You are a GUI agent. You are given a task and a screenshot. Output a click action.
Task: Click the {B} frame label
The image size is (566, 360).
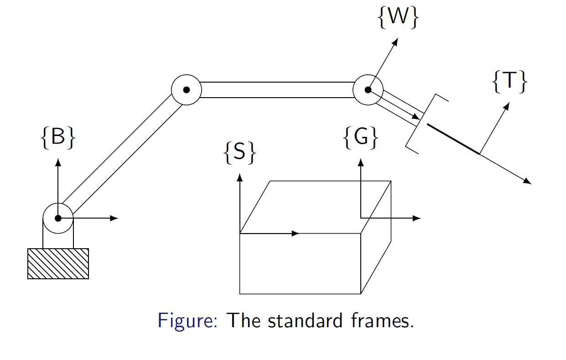[57, 137]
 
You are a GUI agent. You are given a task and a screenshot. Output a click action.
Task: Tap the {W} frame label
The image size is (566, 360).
[398, 18]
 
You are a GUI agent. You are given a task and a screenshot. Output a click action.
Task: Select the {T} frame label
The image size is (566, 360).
[510, 83]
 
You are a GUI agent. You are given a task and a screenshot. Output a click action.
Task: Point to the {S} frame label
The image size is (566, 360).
[239, 152]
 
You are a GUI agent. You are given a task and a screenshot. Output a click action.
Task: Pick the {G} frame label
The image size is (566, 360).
[361, 137]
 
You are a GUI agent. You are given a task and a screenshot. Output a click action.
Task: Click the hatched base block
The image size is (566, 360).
[58, 263]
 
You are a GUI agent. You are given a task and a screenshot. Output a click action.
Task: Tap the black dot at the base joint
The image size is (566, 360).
[58, 218]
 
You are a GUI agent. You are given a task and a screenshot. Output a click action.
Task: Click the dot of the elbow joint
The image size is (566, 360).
[186, 90]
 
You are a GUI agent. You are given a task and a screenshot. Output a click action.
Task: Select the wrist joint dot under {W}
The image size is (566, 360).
[368, 90]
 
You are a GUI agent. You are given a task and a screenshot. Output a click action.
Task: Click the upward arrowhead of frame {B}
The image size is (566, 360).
[58, 162]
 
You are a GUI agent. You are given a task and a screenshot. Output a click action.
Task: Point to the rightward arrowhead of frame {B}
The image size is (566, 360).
[114, 218]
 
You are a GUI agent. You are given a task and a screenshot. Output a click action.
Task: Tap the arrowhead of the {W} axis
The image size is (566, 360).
[395, 42]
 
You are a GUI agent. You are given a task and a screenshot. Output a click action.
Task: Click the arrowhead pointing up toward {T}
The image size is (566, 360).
[506, 107]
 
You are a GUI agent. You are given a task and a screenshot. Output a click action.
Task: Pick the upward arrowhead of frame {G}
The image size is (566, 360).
[361, 162]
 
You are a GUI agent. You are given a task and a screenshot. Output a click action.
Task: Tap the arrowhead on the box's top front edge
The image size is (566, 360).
[296, 233]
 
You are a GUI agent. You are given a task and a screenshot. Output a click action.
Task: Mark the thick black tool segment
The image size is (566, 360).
[453, 139]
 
